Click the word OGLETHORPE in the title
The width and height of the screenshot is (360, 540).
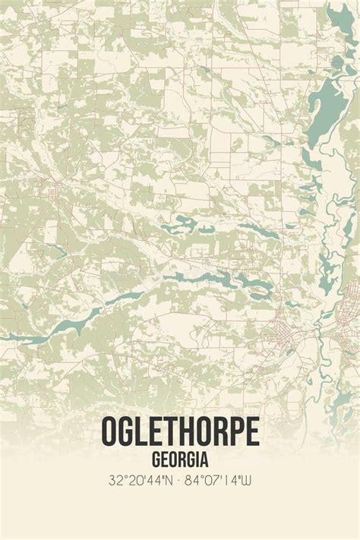point(180,431)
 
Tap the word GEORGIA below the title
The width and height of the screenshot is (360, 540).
point(180,459)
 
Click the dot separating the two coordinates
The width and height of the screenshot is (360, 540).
point(180,480)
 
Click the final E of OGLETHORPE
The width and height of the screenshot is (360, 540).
point(251,431)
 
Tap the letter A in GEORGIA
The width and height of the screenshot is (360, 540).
point(205,459)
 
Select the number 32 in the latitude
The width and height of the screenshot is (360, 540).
point(115,480)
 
